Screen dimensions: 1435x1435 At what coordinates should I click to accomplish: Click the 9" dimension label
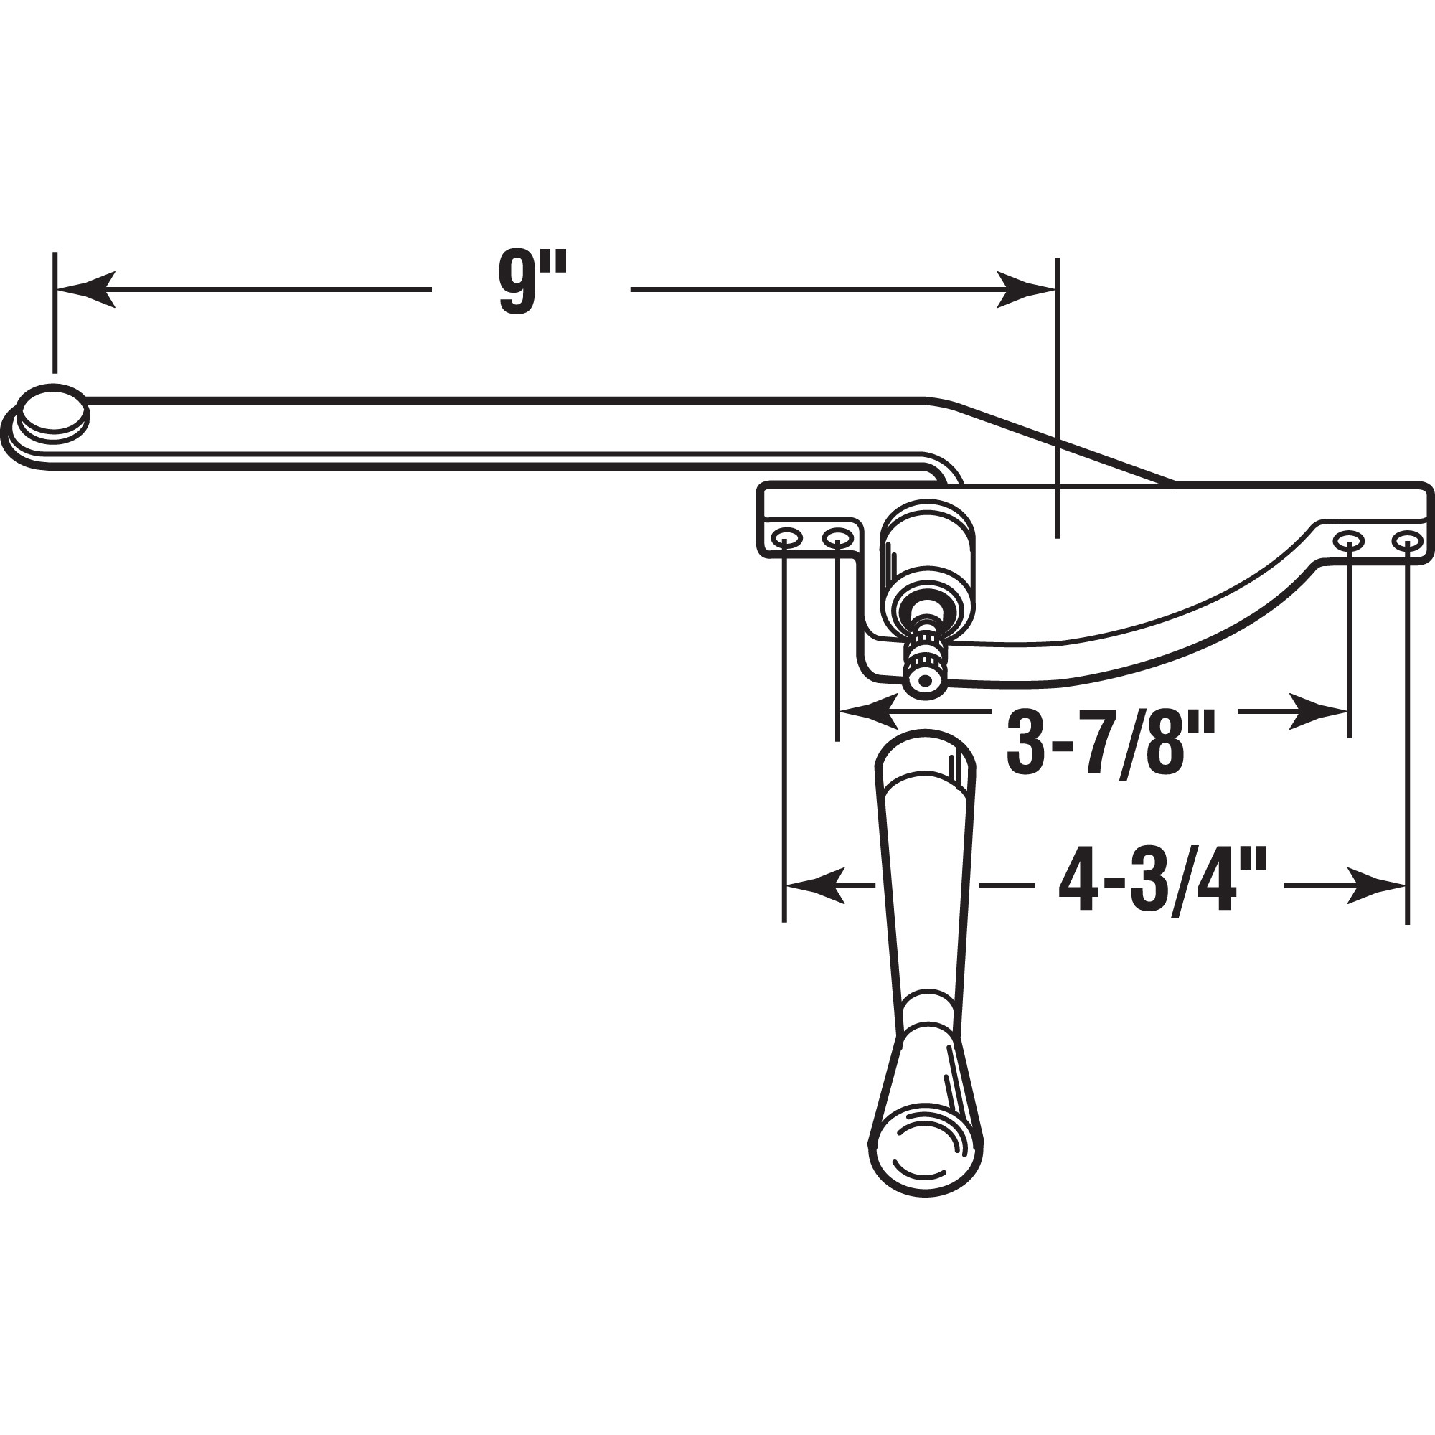pyautogui.click(x=532, y=283)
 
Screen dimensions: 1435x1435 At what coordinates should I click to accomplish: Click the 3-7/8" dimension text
pyautogui.click(x=1111, y=742)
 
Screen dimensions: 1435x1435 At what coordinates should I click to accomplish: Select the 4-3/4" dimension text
pyautogui.click(x=1162, y=885)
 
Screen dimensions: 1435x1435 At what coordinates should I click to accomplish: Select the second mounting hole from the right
pyautogui.click(x=1348, y=541)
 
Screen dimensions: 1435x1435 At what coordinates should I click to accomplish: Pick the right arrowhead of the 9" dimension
pyautogui.click(x=1025, y=289)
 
